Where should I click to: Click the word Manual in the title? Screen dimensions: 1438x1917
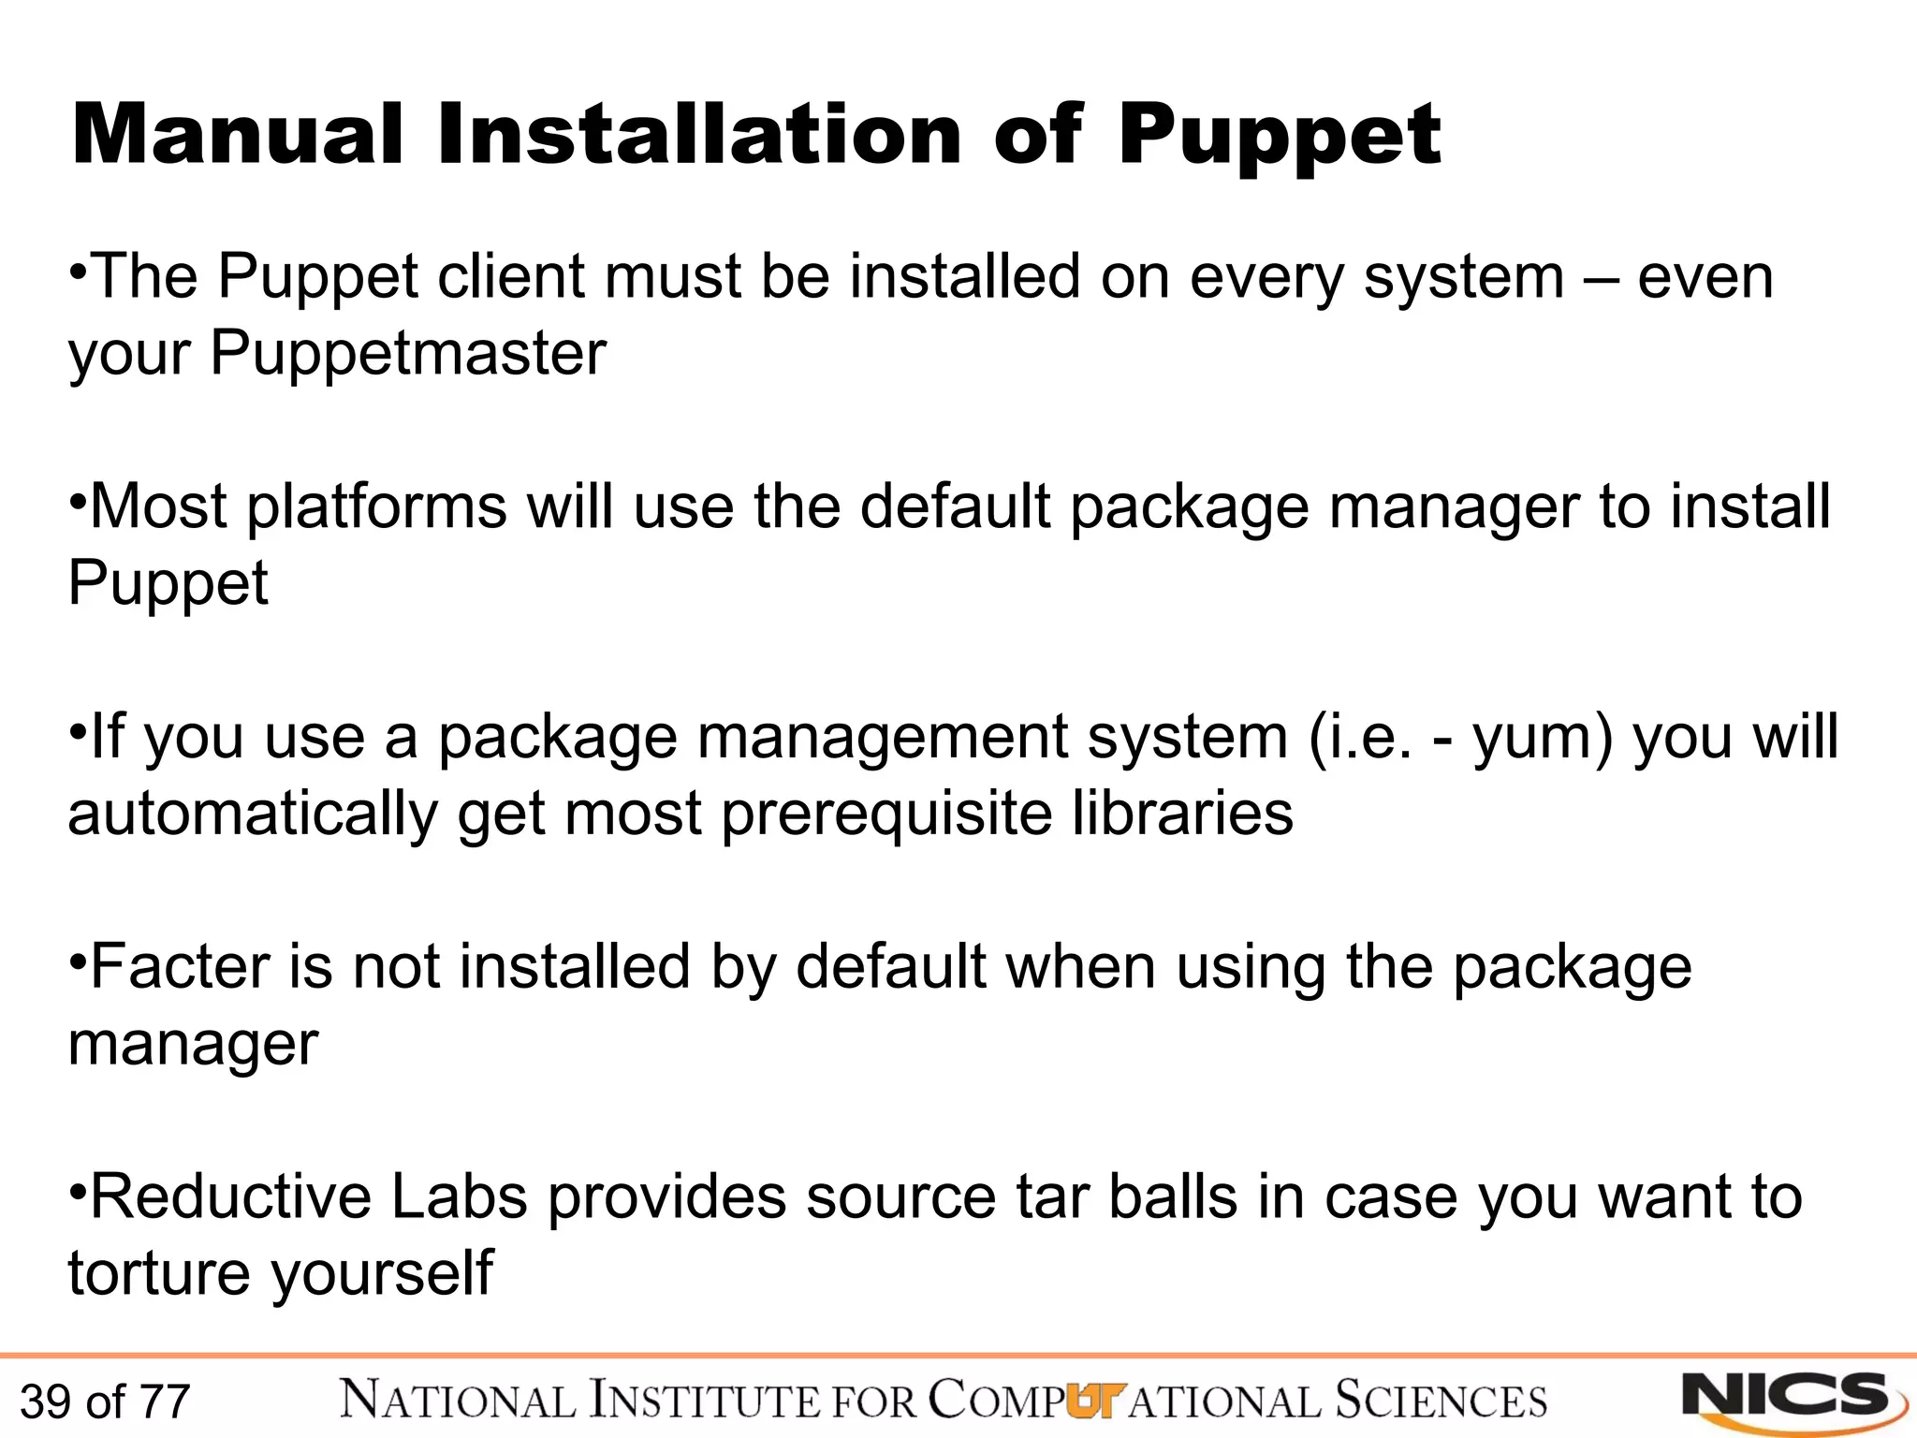click(237, 136)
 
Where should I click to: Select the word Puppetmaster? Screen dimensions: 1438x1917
click(407, 354)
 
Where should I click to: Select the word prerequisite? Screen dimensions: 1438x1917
click(885, 813)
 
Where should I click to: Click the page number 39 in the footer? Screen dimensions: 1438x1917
click(45, 1402)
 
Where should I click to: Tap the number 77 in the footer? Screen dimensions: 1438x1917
click(164, 1402)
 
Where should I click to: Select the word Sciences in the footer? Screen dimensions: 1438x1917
click(1440, 1401)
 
